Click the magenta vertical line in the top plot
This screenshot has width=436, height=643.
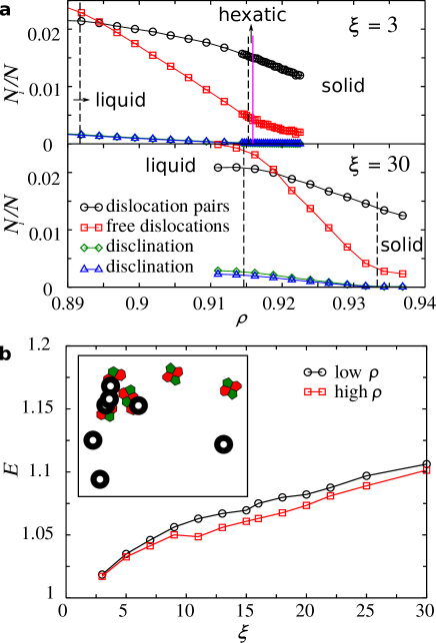point(252,80)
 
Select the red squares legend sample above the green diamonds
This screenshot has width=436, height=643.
point(91,228)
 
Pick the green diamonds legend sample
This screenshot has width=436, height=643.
point(91,248)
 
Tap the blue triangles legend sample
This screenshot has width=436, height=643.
point(91,269)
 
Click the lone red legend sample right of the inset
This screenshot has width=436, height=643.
point(315,391)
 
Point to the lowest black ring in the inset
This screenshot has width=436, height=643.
point(100,479)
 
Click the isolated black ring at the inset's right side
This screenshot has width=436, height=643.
point(223,444)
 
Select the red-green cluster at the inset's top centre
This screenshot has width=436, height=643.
point(173,373)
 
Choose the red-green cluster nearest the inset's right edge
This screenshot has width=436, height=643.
point(230,387)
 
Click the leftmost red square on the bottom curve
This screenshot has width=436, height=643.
point(102,576)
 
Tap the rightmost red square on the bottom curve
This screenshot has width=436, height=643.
point(427,470)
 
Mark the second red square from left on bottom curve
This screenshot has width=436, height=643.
point(126,557)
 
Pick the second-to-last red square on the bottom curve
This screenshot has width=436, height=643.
point(366,485)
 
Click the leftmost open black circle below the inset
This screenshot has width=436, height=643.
point(198,518)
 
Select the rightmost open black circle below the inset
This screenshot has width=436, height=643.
point(246,510)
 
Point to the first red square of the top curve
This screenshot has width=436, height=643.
point(81,13)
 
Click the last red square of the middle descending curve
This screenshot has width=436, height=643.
point(403,274)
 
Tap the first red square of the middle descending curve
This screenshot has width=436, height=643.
point(218,146)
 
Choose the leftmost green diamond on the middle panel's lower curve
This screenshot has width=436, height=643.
point(218,270)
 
